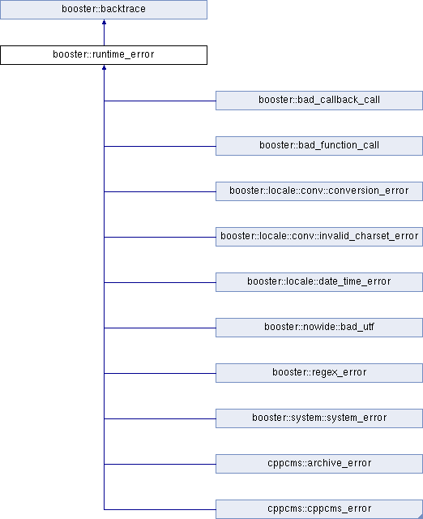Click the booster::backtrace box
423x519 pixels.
pyautogui.click(x=104, y=9)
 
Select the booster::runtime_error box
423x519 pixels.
pyautogui.click(x=104, y=55)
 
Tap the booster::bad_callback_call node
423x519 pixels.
pyautogui.click(x=319, y=101)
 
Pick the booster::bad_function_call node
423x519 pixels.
pyautogui.click(x=319, y=146)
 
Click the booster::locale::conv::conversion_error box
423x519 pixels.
pyautogui.click(x=319, y=191)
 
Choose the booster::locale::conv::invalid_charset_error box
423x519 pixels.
pyautogui.click(x=319, y=237)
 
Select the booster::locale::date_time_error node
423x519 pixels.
pyautogui.click(x=319, y=282)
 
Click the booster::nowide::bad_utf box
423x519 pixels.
pyautogui.click(x=319, y=328)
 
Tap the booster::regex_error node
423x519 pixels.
pyautogui.click(x=319, y=373)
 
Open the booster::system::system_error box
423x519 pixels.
pyautogui.click(x=319, y=418)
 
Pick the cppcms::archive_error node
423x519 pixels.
pyautogui.click(x=319, y=463)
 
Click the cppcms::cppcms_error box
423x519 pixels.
pyautogui.click(x=319, y=509)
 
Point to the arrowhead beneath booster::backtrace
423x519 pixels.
pyautogui.click(x=105, y=22)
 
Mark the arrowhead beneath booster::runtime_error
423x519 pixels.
pyautogui.click(x=105, y=67)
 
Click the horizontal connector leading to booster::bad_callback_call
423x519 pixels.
pyautogui.click(x=160, y=101)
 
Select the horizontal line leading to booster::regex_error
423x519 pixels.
pyautogui.click(x=160, y=373)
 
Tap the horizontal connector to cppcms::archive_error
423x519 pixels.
pyautogui.click(x=160, y=464)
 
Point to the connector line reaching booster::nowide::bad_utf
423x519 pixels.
pyautogui.click(x=160, y=328)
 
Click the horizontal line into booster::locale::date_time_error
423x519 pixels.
pyautogui.click(x=160, y=282)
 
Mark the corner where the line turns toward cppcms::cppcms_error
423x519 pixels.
pyautogui.click(x=105, y=509)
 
